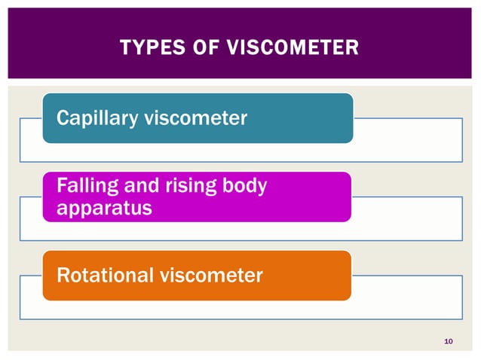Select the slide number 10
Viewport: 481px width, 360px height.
coord(449,343)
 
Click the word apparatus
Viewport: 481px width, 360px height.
coord(98,207)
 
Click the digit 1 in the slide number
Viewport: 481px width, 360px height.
coord(446,343)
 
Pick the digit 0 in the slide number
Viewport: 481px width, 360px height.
coord(451,343)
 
